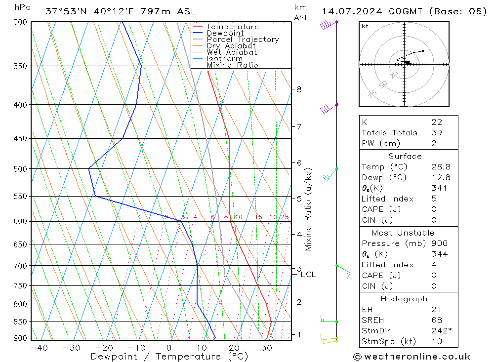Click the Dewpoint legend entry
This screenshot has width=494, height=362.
tap(225, 33)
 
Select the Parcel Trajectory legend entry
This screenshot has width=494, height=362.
tap(243, 40)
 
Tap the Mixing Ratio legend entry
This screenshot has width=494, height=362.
tap(232, 65)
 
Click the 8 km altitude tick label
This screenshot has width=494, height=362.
tap(299, 89)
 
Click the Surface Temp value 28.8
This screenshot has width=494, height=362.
tap(441, 167)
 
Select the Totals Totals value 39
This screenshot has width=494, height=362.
tap(436, 132)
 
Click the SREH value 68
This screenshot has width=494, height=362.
tap(436, 320)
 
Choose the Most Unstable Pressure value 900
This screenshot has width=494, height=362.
tap(439, 243)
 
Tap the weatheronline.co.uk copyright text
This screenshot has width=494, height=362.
tap(412, 356)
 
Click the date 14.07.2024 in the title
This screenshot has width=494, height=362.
tap(350, 11)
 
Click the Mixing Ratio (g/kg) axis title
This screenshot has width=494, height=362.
tap(309, 209)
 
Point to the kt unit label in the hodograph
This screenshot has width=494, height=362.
tap(365, 26)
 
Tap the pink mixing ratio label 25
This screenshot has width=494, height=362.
tap(285, 217)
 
